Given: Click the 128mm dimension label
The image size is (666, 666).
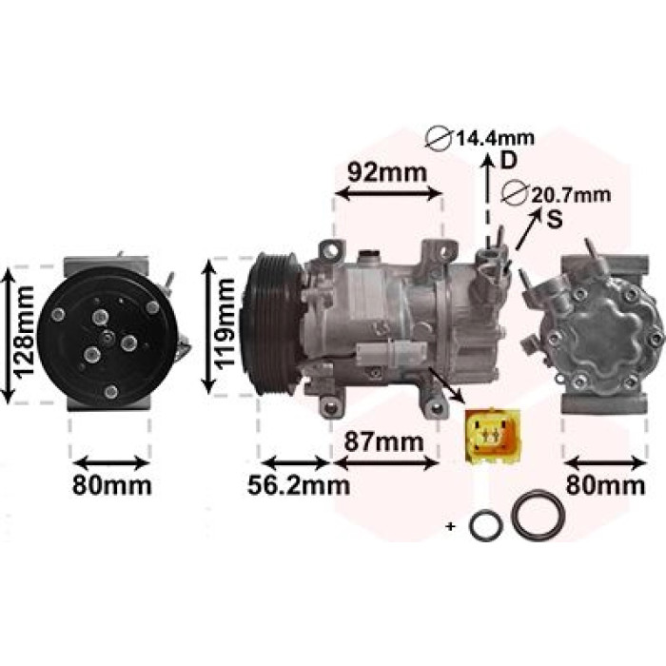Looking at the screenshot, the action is (x=24, y=332).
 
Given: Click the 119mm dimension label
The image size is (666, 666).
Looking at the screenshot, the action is (x=225, y=323).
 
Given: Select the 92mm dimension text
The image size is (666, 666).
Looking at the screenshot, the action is (x=387, y=173).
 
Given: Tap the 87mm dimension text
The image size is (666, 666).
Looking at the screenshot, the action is (x=384, y=441).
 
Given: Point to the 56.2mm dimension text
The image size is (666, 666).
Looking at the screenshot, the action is (x=299, y=485).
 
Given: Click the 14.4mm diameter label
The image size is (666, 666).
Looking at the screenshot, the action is (x=496, y=138).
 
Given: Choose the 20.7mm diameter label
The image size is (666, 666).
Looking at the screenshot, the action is (x=571, y=195).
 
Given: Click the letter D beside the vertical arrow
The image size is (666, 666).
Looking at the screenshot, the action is (x=508, y=161).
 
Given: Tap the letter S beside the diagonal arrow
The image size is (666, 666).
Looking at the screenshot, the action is (x=555, y=219).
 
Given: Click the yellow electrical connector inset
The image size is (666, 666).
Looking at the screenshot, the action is (x=493, y=436).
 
